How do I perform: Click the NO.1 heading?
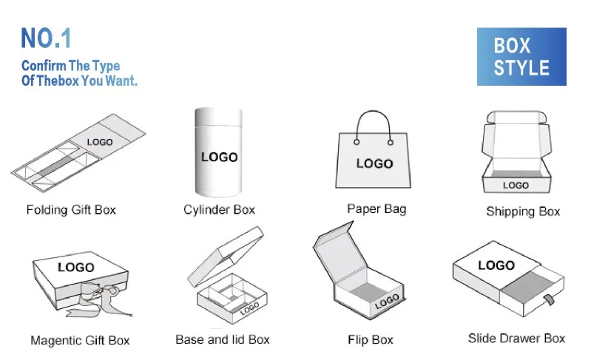[46, 38]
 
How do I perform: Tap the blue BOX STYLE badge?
[521, 57]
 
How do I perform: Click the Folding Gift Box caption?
[71, 210]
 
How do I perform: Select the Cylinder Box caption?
[219, 210]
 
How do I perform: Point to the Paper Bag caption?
[376, 209]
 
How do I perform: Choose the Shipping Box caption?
[523, 211]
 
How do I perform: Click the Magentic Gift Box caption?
[80, 341]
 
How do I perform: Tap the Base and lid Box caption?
[223, 340]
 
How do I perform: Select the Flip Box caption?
[370, 341]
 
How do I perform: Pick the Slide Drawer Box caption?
[516, 339]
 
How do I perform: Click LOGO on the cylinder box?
[220, 157]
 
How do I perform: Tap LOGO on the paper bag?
[375, 163]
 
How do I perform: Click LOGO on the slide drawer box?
[496, 265]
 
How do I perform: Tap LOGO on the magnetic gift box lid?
[76, 267]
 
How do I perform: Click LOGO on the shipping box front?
[516, 186]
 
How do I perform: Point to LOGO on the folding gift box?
[100, 142]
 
